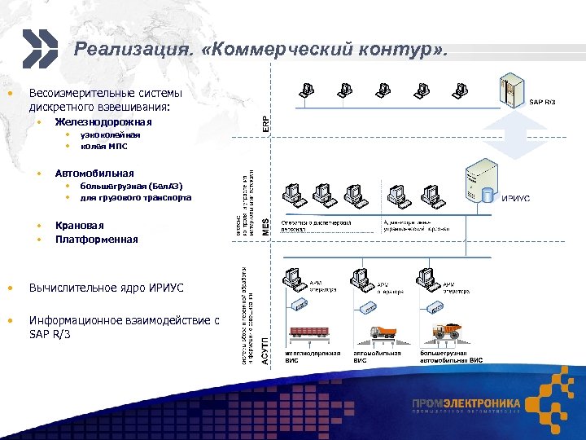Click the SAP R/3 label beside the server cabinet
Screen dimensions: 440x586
click(543, 102)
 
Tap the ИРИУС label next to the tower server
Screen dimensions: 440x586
click(515, 198)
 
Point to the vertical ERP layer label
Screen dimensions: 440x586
click(265, 122)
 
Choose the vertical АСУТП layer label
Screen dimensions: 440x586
click(265, 350)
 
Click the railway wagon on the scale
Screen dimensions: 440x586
click(307, 332)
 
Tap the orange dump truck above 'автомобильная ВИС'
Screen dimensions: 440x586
click(384, 332)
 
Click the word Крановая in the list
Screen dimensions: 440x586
click(80, 225)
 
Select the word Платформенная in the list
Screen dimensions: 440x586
click(97, 240)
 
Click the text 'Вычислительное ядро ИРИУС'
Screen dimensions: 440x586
click(107, 288)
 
